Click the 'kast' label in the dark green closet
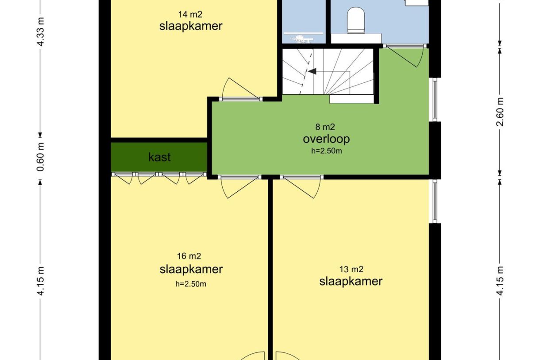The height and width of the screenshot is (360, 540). coord(159,157)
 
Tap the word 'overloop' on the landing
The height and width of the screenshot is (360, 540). coord(326,139)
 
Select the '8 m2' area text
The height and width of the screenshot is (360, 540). coord(325,127)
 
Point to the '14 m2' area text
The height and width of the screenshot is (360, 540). coord(190,15)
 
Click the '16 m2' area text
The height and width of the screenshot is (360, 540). coord(189,256)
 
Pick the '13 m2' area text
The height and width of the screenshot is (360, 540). coord(351,269)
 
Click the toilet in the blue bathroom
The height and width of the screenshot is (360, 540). coord(355,20)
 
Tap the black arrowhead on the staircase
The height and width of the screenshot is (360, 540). coord(312,71)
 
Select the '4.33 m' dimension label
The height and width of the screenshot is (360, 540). coord(41,31)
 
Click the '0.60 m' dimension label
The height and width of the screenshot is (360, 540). coord(41,157)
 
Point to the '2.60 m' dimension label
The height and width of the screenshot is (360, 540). coord(500,112)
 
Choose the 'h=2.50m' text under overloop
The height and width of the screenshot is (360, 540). coord(326,151)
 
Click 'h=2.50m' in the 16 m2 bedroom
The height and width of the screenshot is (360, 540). coord(191,284)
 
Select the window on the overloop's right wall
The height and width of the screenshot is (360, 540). coord(435,100)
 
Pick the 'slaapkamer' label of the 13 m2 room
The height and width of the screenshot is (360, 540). coord(351,281)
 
